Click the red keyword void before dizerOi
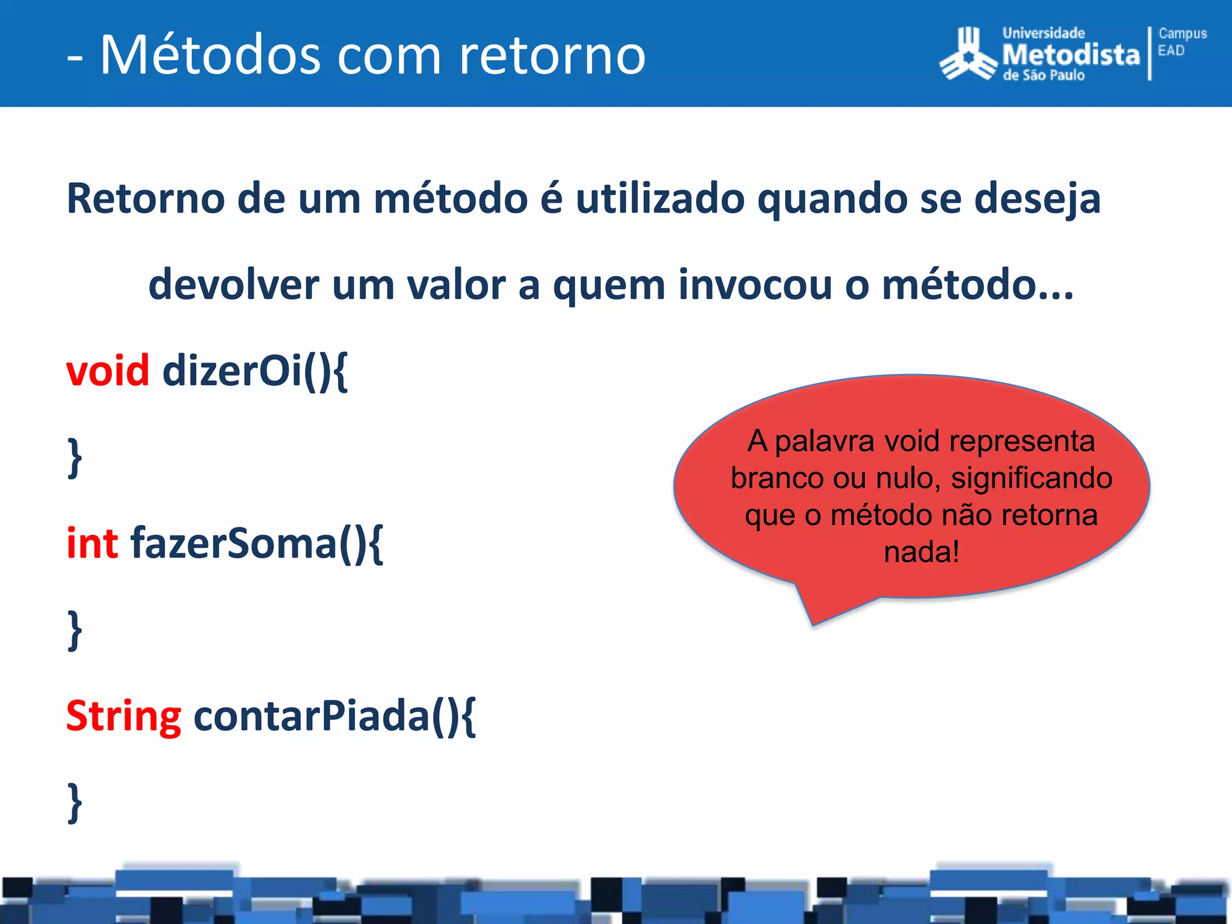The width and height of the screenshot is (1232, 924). point(107,371)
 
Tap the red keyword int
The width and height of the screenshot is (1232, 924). point(92,543)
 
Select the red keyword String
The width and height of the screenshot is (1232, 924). point(123,716)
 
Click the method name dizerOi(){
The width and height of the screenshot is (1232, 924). point(254,371)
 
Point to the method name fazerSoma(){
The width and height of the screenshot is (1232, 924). point(256,543)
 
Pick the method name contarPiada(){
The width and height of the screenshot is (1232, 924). point(334,716)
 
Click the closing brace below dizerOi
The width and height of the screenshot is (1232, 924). point(75,458)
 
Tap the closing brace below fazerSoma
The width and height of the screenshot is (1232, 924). point(75,630)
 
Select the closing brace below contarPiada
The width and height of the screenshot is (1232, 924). point(75,802)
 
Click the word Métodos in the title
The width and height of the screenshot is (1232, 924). point(211,55)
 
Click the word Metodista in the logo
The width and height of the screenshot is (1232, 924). point(1071,55)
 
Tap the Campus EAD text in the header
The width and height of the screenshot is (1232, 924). point(1181,42)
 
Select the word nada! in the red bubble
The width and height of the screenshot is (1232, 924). point(921,552)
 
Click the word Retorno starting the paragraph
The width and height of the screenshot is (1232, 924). point(145,199)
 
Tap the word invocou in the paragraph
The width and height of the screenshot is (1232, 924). point(755,285)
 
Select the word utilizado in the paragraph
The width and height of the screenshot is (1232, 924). point(660,199)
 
